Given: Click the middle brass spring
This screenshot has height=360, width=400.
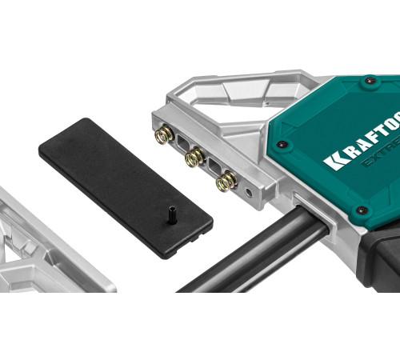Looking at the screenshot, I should click(193, 159).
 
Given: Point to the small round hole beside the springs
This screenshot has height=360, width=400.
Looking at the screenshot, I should click(250, 193).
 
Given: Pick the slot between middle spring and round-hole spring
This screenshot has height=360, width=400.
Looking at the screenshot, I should click(210, 169).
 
